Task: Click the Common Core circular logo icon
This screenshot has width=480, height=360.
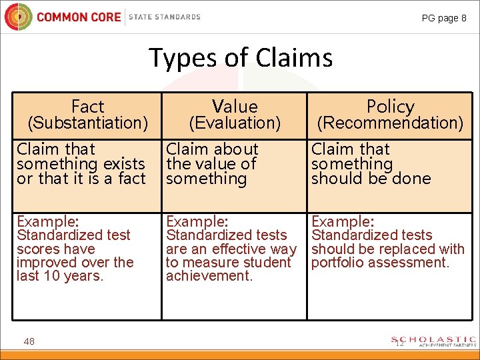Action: coord(18,17)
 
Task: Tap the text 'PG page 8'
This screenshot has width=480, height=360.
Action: coord(444,18)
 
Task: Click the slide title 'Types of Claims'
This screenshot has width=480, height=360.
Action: coord(240,58)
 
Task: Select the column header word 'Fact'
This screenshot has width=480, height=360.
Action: coord(87,107)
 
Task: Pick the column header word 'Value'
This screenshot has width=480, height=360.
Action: coord(234,107)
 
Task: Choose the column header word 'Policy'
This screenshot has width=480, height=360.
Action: coord(390,107)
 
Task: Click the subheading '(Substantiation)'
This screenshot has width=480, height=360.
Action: coord(87,123)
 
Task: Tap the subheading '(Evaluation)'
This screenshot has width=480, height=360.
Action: coord(234,123)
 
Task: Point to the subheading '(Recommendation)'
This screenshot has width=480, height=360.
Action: coord(390,123)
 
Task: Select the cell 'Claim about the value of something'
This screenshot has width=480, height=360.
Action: coord(211,164)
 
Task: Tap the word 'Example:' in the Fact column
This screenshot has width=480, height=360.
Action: coord(48,221)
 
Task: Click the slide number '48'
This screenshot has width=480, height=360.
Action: coord(29,341)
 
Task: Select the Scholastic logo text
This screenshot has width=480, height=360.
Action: coord(434,341)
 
